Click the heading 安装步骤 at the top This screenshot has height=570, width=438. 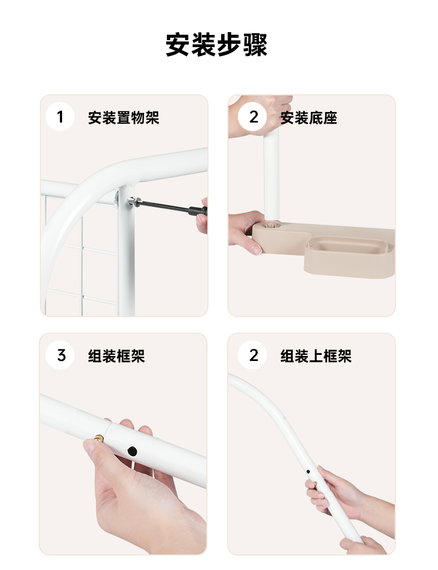click(217, 45)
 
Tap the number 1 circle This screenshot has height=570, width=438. click(60, 117)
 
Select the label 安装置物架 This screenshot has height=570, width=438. click(124, 118)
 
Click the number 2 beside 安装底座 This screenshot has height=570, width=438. click(253, 117)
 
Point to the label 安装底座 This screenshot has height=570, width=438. click(309, 118)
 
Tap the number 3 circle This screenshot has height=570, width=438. click(60, 355)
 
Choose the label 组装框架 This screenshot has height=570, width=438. click(116, 356)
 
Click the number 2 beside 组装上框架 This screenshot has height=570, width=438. click(253, 355)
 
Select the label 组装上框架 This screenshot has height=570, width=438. click(316, 356)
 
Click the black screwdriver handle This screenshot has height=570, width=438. click(197, 211)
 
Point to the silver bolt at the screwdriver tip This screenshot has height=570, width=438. click(133, 201)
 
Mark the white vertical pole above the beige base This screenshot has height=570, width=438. click(272, 175)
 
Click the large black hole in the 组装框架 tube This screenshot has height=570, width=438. click(133, 452)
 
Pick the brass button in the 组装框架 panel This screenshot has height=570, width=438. click(99, 439)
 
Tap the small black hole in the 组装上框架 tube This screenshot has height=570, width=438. click(308, 472)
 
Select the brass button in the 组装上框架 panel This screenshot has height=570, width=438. click(315, 484)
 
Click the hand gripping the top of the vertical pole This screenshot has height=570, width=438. click(260, 115)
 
